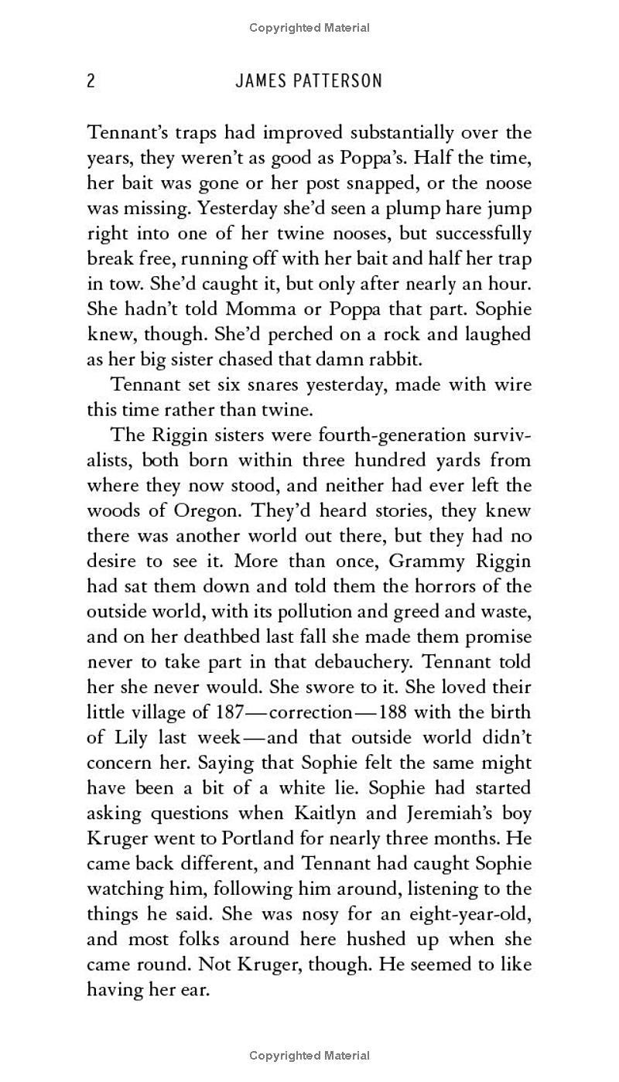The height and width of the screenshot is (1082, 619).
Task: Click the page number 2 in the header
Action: (x=91, y=80)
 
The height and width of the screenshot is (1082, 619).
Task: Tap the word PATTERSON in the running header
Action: (x=337, y=80)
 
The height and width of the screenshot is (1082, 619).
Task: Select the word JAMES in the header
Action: (x=261, y=80)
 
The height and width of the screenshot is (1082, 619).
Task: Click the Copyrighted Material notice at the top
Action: (x=309, y=28)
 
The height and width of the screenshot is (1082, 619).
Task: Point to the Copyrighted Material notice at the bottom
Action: (x=309, y=1055)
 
